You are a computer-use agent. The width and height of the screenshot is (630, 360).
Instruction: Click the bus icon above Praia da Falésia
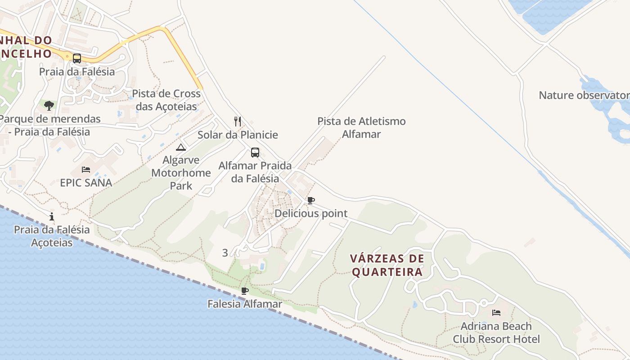(77, 58)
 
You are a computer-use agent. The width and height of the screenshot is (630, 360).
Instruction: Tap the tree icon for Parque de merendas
(49, 106)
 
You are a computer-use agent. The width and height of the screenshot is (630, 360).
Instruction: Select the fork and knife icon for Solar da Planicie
(238, 121)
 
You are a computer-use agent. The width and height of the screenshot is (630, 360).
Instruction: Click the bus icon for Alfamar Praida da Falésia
(255, 153)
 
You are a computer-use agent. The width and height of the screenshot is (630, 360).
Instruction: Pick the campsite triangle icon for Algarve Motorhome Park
(181, 147)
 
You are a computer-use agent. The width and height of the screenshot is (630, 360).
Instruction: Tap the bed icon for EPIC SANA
(86, 170)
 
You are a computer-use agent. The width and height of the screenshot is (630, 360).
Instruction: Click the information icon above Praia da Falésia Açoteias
(52, 216)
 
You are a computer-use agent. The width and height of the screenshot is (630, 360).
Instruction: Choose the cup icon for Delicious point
(310, 200)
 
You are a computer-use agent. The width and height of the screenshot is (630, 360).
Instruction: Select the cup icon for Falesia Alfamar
(245, 291)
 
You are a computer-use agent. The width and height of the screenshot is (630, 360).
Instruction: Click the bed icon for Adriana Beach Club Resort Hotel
(496, 313)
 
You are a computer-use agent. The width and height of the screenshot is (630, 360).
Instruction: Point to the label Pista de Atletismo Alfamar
(361, 127)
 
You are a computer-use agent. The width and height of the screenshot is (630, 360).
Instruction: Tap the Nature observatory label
(584, 95)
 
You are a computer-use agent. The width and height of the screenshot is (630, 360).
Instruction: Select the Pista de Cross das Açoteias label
(166, 100)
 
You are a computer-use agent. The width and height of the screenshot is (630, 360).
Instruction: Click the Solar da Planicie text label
(238, 135)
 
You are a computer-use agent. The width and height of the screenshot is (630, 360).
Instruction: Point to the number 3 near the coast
(225, 253)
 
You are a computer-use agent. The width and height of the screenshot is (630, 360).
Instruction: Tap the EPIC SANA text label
(86, 183)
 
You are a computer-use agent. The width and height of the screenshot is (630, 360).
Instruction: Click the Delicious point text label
(311, 213)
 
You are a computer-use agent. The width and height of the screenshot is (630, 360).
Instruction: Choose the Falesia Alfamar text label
(245, 304)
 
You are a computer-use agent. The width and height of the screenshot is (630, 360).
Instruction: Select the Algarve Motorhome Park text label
(181, 173)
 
